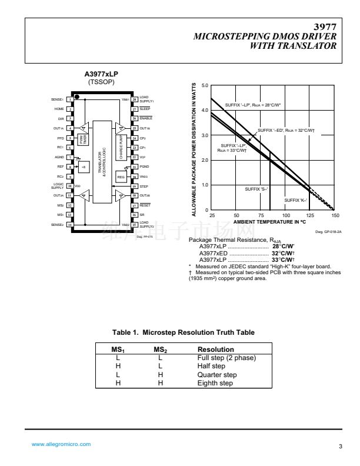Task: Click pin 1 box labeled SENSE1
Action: coord(70,99)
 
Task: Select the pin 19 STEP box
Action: coord(134,186)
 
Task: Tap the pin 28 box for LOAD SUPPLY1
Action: coord(134,99)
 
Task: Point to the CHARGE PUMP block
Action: coord(121,148)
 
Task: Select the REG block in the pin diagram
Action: coord(121,177)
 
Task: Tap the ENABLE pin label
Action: coord(145,118)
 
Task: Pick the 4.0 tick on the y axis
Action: coord(205,111)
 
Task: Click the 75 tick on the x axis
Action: coord(261,216)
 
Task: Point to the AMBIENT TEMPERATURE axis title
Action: coord(270,222)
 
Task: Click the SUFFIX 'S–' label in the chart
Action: coord(256,189)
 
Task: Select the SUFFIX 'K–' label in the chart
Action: coord(292,201)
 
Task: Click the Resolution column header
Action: coord(215,349)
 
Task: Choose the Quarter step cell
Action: coord(217,374)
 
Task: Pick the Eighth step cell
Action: coord(215,383)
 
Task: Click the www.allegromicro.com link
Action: coord(61,444)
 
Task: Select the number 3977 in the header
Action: coord(325,27)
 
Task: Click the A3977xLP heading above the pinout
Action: coord(102,74)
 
